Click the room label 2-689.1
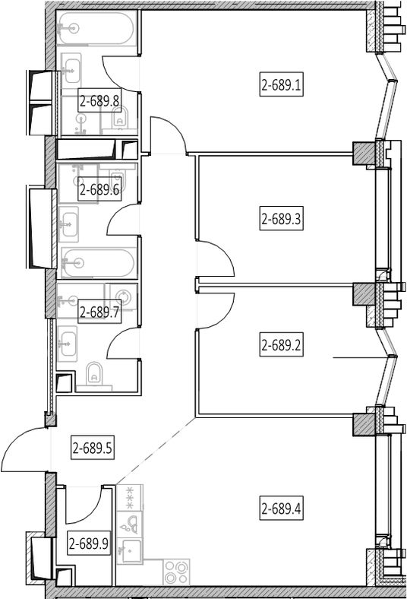point(282,84)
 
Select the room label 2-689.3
point(282,219)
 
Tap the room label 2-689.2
point(282,345)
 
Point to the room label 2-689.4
point(282,509)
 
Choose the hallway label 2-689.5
point(93,447)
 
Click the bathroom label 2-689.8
point(99,101)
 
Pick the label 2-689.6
point(99,189)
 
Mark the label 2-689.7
point(99,312)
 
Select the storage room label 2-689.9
point(90,543)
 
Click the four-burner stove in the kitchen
point(177,572)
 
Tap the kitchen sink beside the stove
point(130,550)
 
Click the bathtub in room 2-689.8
point(96,28)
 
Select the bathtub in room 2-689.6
point(98,263)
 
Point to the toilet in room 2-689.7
point(94,374)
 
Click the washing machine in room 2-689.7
point(121,296)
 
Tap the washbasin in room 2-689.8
point(71,71)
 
